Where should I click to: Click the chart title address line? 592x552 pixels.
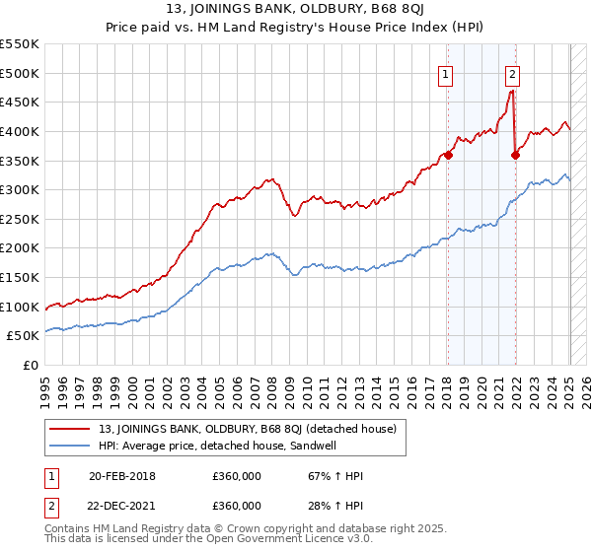295,11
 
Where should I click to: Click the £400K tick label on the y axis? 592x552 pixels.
20,131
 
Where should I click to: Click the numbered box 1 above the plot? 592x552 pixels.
446,73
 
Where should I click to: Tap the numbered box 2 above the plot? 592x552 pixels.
513,73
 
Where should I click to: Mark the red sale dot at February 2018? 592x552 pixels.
448,154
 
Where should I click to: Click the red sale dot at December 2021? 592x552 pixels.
515,154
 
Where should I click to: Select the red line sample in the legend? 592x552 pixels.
70,429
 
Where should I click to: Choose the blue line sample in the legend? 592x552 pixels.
70,446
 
